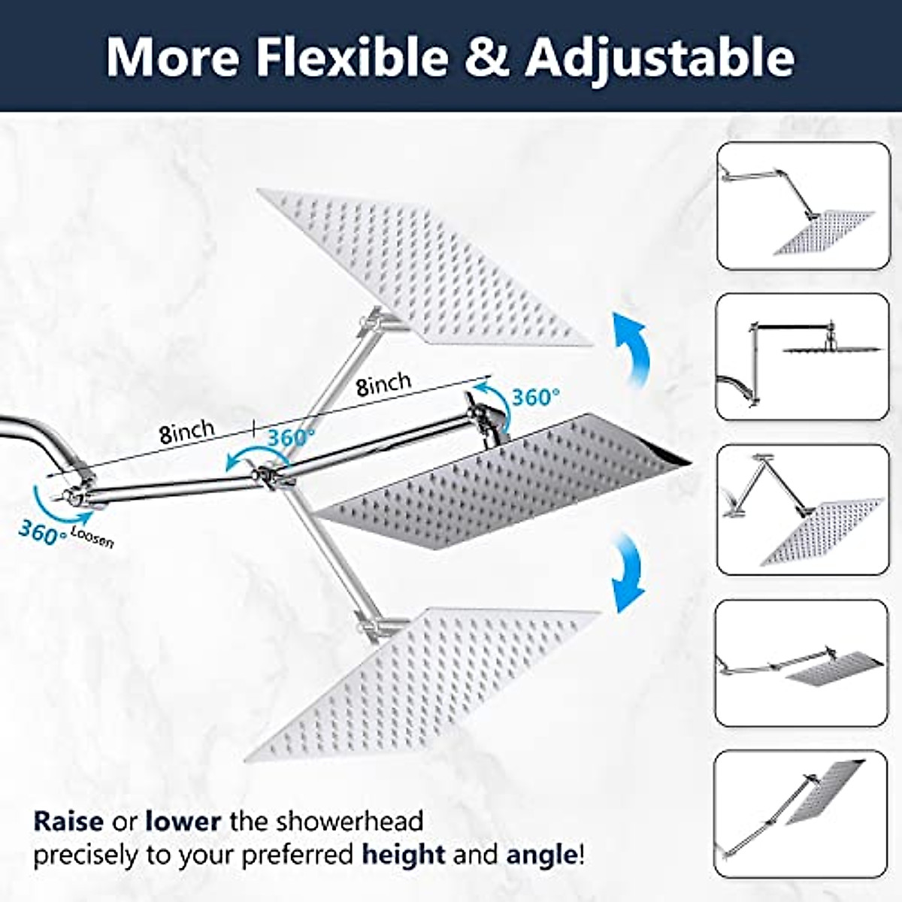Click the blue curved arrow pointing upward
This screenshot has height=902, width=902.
point(628,347)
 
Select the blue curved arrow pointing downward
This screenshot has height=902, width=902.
point(628,571)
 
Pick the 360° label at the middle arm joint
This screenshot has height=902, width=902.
point(290,437)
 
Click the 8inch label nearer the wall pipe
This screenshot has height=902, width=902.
point(186,431)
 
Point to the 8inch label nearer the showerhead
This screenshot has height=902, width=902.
point(383,383)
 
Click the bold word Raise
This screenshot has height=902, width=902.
point(68,821)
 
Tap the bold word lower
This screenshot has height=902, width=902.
point(183,821)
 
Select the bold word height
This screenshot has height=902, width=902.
point(404,855)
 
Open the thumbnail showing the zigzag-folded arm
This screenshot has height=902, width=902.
point(802,510)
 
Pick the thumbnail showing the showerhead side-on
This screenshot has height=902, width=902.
point(802,356)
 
